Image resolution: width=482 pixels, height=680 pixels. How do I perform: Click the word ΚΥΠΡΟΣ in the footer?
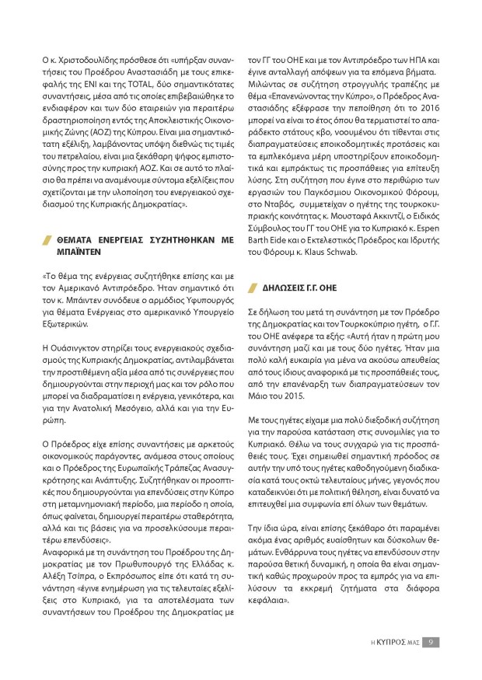click(x=392, y=642)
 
